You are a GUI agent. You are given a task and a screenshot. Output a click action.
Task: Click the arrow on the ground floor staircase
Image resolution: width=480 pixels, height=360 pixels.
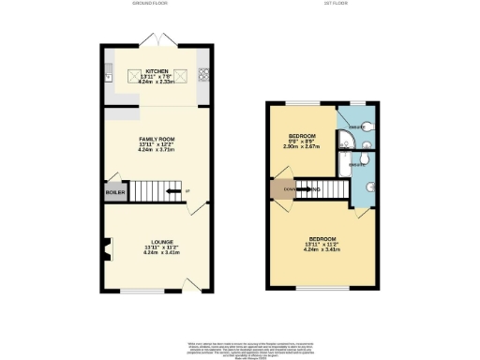172,195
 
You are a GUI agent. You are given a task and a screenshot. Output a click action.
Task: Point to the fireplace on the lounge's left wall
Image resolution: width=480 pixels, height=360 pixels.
108,248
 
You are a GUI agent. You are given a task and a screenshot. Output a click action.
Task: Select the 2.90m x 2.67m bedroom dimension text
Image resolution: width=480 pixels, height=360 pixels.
302,146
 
